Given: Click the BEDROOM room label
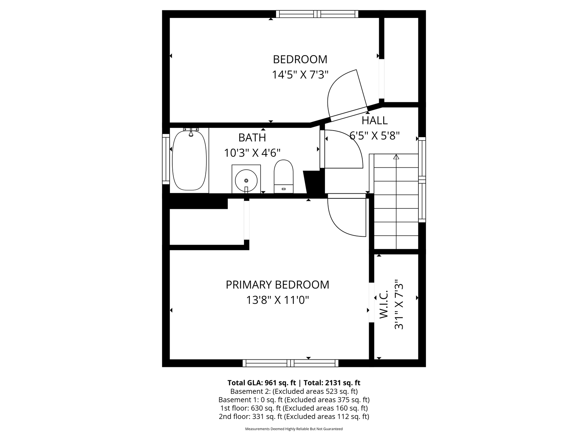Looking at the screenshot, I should [x=300, y=59].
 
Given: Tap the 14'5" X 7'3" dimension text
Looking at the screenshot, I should [x=300, y=75].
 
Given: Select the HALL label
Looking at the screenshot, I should [x=374, y=121].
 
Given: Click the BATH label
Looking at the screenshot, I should [x=252, y=137].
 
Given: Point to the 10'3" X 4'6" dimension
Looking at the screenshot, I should [x=252, y=153].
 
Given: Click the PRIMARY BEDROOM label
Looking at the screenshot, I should [x=277, y=285].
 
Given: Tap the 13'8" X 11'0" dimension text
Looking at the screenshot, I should [x=277, y=300].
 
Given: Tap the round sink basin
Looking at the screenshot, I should [x=246, y=180].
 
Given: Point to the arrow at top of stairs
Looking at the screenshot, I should [x=396, y=157].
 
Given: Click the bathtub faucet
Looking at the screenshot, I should [x=191, y=133].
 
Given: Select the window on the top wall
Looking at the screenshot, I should [x=317, y=14].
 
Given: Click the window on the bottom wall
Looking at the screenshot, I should [x=290, y=363].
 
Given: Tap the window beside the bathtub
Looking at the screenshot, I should [x=166, y=159].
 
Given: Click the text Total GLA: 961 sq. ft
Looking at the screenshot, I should [x=262, y=382].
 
